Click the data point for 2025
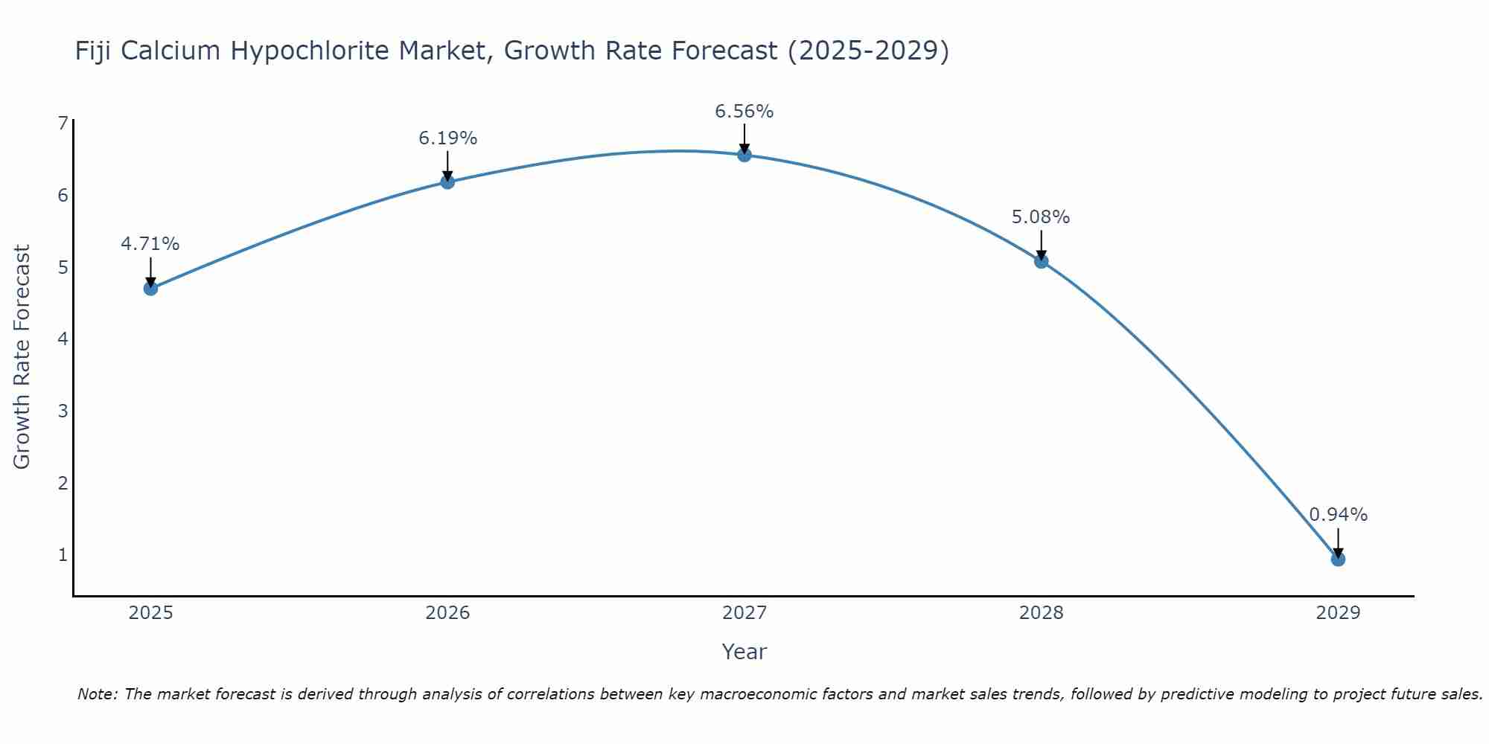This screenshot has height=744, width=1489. (150, 288)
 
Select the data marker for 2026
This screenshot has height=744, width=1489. (447, 182)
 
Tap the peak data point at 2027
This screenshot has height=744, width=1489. (744, 155)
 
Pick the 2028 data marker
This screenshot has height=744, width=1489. (1041, 261)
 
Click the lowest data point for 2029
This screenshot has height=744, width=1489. (1338, 559)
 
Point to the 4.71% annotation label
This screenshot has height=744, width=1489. (150, 244)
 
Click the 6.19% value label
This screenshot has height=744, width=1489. (447, 138)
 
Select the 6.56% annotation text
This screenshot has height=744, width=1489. (744, 112)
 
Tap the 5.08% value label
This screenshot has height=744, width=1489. (1041, 217)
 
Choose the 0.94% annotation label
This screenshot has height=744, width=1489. (1338, 515)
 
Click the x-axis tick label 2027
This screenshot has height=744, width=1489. (744, 613)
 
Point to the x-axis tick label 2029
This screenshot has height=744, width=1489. (1338, 613)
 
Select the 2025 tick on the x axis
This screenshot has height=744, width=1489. (150, 613)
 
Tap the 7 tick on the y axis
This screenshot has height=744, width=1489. (63, 124)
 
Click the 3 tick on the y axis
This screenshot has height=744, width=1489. (63, 411)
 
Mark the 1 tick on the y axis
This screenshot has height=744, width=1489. (63, 555)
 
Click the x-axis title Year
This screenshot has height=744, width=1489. (744, 652)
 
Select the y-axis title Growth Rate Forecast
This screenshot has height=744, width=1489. (22, 357)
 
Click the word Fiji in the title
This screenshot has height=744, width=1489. (94, 51)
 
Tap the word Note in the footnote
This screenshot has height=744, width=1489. (97, 694)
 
